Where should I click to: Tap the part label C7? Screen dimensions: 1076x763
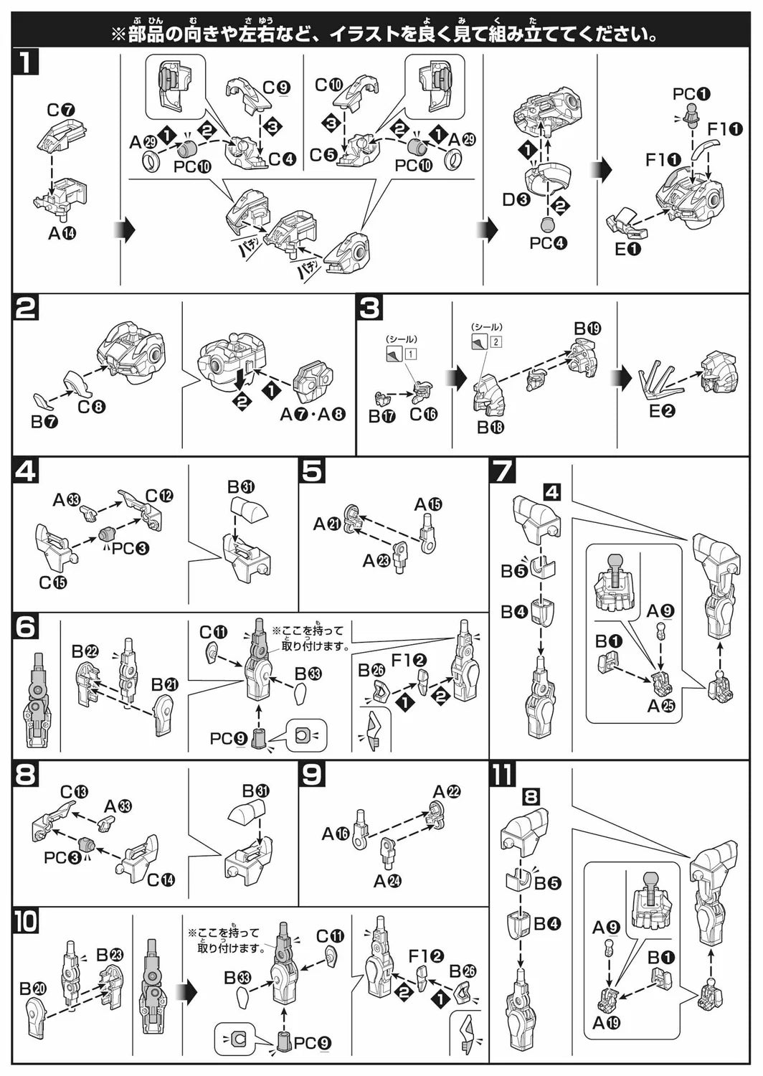coord(62,110)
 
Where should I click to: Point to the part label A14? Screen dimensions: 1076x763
coord(62,232)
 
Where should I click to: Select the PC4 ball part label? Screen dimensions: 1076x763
coord(549,242)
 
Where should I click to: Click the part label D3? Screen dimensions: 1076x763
coord(516,199)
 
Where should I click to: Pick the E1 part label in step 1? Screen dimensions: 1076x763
coord(627,249)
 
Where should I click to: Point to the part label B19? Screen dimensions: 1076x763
coord(587,329)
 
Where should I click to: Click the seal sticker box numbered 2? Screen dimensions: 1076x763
coord(496,341)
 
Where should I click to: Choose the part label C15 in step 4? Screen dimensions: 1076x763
coord(53,582)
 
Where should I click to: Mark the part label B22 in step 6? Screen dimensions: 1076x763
coord(85,651)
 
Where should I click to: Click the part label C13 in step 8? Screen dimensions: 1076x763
coord(74,793)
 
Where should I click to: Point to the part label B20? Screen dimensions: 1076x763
coord(33,988)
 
